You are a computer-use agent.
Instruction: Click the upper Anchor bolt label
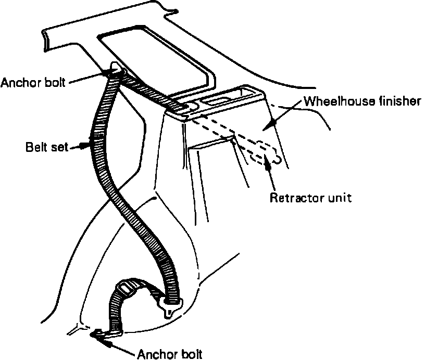pos(32,82)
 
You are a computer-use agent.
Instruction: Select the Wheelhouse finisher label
pos(362,101)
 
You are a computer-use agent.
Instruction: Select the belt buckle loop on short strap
pos(127,288)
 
